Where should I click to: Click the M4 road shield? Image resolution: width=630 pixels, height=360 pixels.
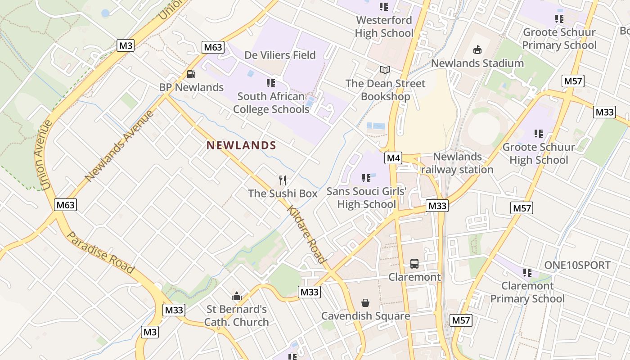[393, 158]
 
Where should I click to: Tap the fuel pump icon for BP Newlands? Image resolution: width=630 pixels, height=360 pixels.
[191, 74]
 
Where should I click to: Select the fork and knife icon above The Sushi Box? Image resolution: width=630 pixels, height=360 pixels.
[283, 180]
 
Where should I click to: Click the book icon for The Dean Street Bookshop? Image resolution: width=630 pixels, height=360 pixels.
[385, 70]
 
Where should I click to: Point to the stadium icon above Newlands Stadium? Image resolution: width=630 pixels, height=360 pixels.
[477, 49]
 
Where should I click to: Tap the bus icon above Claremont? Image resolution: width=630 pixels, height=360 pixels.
[414, 264]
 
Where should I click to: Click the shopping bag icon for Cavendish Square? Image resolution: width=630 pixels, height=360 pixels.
[365, 303]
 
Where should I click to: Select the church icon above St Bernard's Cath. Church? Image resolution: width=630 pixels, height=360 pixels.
[236, 296]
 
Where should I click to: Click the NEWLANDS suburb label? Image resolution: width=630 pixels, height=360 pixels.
[241, 145]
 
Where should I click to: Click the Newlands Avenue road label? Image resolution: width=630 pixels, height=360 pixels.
[119, 145]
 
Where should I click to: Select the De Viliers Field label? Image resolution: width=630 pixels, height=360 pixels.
[280, 55]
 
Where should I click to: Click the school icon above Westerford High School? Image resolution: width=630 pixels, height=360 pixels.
[383, 6]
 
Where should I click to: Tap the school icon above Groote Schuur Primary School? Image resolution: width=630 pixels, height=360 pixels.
[559, 19]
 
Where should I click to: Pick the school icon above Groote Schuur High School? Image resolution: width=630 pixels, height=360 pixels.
[538, 134]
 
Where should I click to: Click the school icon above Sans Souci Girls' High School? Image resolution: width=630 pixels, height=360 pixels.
[366, 178]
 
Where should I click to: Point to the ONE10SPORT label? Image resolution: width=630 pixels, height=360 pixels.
[577, 265]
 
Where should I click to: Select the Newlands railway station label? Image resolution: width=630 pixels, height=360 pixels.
[457, 163]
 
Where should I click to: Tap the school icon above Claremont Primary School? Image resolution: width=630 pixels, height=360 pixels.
[527, 272]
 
